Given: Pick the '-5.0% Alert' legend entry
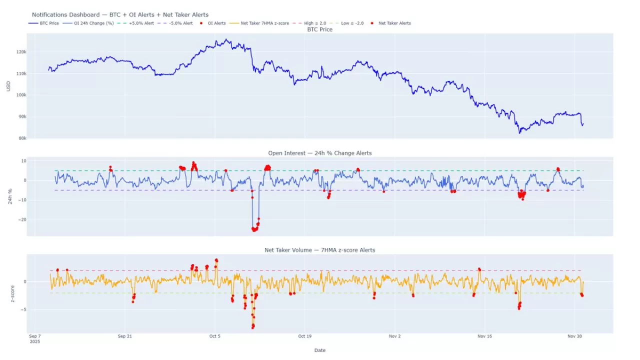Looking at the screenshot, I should (x=180, y=23).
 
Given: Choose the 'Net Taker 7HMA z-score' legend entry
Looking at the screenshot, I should (x=264, y=23).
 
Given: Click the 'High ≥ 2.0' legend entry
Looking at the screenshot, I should (x=315, y=23).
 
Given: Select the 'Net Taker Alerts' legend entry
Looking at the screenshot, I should (x=394, y=23).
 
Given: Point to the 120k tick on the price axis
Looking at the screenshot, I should (x=21, y=52).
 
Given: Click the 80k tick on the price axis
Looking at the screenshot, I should (x=22, y=138).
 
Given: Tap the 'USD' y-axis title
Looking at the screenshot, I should (x=8, y=86).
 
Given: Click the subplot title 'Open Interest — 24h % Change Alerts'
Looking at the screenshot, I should (x=320, y=153).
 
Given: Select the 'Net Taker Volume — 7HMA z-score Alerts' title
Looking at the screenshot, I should (x=320, y=250).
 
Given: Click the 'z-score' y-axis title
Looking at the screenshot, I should (x=12, y=293).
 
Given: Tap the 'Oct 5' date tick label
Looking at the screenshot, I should (x=214, y=336).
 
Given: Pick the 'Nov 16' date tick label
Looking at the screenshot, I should (x=485, y=336).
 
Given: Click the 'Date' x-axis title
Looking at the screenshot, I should (x=320, y=350).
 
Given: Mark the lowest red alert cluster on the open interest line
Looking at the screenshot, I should (x=254, y=229).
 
